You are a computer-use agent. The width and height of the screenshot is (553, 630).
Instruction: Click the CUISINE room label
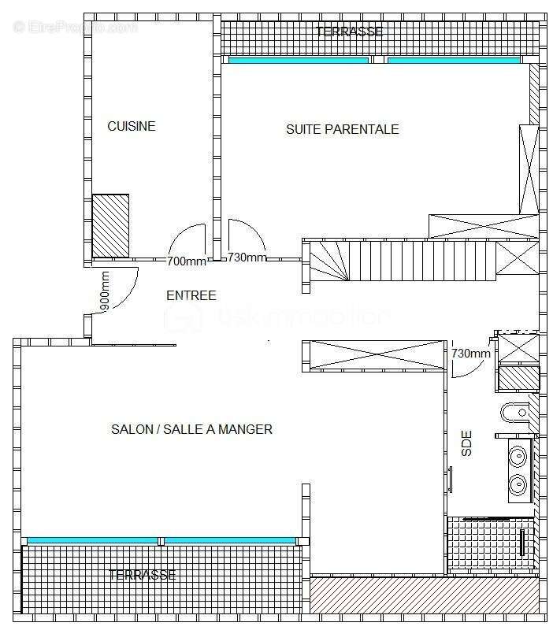[x=132, y=126]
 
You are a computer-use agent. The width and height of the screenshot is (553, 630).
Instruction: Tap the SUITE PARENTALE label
[x=342, y=129]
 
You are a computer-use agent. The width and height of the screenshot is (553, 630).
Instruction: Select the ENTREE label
[x=191, y=295]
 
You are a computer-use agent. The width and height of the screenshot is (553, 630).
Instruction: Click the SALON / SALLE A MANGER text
[x=191, y=429]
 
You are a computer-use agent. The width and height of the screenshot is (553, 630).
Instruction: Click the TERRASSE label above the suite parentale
[x=349, y=32]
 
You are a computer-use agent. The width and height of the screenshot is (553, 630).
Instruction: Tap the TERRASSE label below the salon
[x=142, y=575]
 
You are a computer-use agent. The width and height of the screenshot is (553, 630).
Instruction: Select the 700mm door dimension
[x=187, y=261]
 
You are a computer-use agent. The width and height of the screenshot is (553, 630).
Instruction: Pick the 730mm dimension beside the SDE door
[x=471, y=354]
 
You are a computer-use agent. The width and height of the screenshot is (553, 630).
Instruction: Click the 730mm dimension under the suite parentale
[x=247, y=258]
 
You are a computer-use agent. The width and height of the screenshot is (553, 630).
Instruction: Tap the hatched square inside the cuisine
[x=111, y=225]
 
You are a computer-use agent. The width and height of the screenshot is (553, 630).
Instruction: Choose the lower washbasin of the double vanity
[x=518, y=484]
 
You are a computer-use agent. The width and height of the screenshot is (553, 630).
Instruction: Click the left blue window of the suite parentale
[x=298, y=60]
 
